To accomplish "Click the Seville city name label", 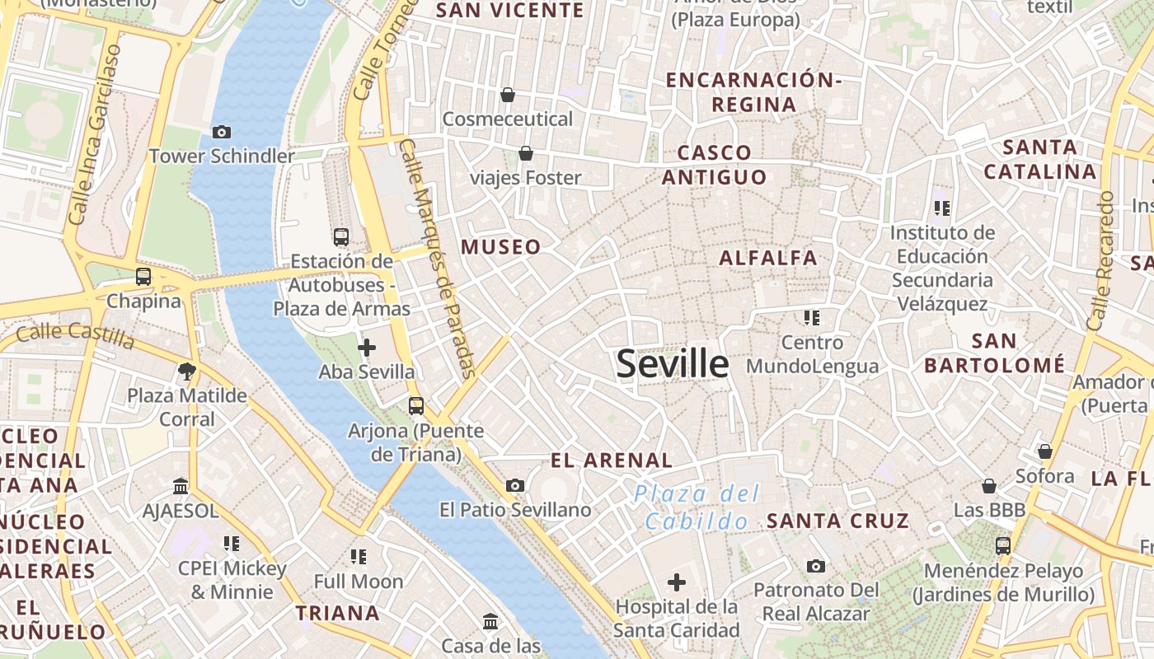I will click(x=673, y=364).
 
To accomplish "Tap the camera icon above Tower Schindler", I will click(x=221, y=132).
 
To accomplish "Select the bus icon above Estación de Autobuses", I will click(x=341, y=237).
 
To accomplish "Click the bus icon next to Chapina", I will click(x=143, y=277).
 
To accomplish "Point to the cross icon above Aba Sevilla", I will click(x=367, y=348).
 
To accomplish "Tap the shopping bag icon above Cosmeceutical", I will click(x=508, y=95).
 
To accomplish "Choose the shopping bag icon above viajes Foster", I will click(x=526, y=153).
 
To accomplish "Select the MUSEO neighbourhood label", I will click(x=501, y=247).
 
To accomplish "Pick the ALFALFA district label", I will click(x=768, y=258).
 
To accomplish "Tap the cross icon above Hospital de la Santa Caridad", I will click(x=677, y=583).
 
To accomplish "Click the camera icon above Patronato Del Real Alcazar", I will click(x=816, y=566).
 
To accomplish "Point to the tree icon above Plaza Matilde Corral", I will click(x=187, y=372).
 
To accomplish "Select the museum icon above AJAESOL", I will click(x=181, y=487).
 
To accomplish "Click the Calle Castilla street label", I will click(x=75, y=335).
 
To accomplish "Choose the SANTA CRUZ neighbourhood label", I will click(x=837, y=521).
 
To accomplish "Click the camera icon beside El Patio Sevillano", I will click(x=515, y=486).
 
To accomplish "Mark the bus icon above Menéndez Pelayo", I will click(x=1003, y=545).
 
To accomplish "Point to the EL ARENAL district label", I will click(x=612, y=460).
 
